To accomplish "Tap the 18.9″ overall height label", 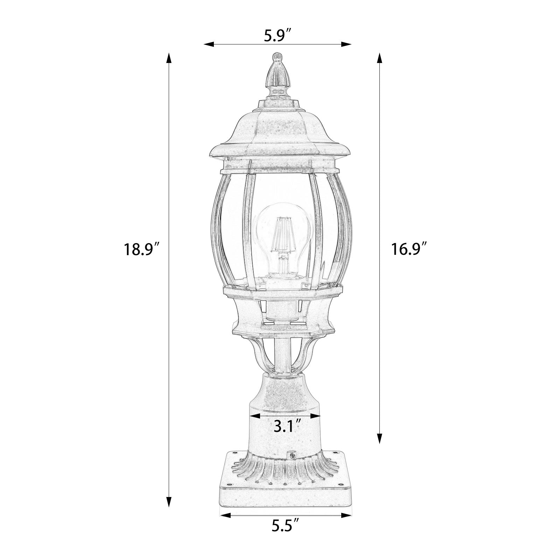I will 141,250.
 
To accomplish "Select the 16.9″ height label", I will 409,250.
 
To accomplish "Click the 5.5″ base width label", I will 285,535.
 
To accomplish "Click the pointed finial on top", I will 277,75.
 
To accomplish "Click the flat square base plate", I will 285,497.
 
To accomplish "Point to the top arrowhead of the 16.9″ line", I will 379,58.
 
